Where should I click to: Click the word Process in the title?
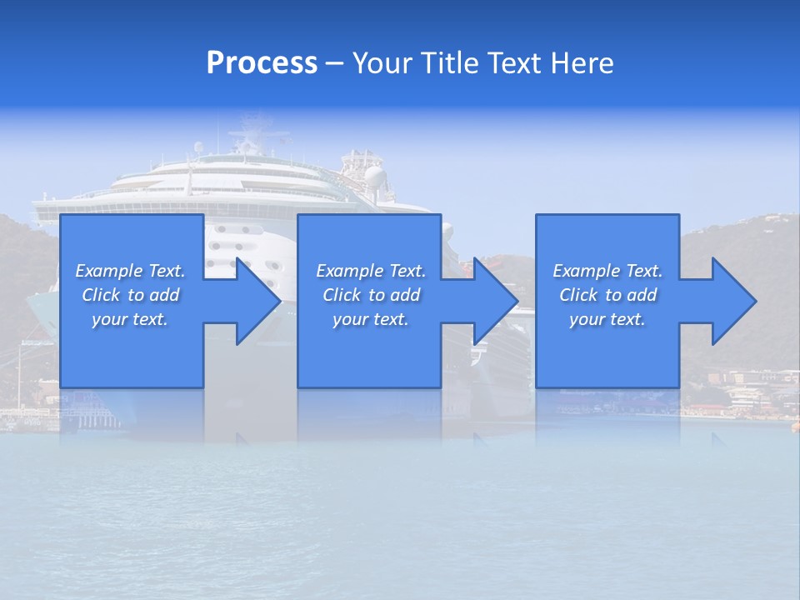[262, 63]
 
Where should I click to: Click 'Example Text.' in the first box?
[130, 271]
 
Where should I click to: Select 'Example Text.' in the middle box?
[371, 271]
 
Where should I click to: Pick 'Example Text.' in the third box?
[607, 271]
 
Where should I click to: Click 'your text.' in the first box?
[130, 319]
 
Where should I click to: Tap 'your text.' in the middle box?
[371, 319]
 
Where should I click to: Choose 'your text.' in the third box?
[607, 319]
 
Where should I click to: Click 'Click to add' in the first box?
[130, 295]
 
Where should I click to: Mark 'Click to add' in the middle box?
[371, 295]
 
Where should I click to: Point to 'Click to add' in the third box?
[607, 295]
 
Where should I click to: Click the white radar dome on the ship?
[376, 176]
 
